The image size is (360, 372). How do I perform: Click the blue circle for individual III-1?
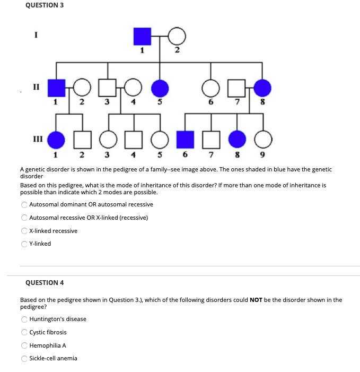point(57,140)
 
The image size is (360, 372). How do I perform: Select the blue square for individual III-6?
point(185,140)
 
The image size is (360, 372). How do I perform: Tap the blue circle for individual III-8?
point(236,140)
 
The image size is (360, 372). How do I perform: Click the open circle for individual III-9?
point(262,140)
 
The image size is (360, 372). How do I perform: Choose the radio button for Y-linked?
point(24,244)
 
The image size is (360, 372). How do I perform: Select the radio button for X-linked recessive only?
point(24,231)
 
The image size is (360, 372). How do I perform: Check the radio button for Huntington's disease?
point(24,319)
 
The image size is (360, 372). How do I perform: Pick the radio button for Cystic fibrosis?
point(24,332)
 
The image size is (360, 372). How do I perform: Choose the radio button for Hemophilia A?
point(24,345)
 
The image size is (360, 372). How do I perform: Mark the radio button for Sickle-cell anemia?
point(24,358)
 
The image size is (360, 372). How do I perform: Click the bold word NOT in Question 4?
point(256,300)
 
